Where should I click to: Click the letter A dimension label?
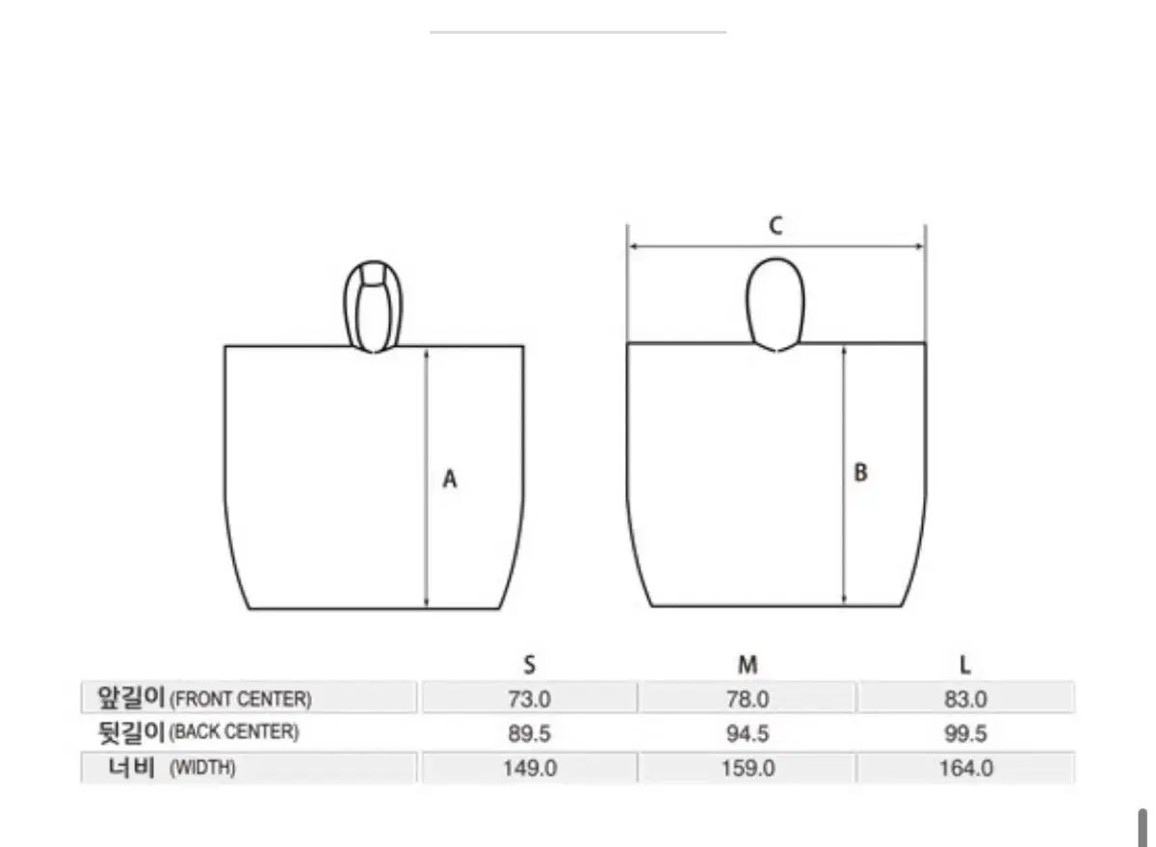click(x=450, y=479)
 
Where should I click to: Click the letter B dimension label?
click(x=861, y=472)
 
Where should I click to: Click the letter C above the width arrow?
click(x=775, y=226)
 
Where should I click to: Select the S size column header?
click(x=530, y=665)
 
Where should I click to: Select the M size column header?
click(x=748, y=665)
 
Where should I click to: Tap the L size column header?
click(x=965, y=665)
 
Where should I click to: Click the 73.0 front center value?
click(x=530, y=700)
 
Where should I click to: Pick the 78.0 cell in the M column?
click(x=748, y=700)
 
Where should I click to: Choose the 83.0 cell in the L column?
click(x=965, y=700)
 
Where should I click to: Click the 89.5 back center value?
click(x=530, y=734)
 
